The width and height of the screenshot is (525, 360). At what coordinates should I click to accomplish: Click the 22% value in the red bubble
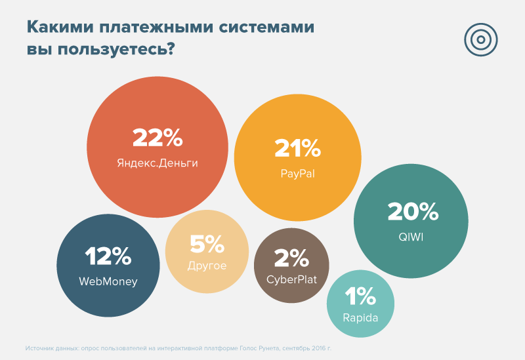[157, 138]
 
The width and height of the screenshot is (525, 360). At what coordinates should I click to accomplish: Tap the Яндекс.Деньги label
[157, 162]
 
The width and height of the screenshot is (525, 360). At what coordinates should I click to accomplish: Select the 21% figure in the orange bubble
[297, 149]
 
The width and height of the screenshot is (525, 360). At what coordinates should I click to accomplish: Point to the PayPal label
[297, 173]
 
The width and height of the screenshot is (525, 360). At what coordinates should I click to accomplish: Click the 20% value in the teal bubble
[412, 211]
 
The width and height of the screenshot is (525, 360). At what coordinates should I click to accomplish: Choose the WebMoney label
[108, 282]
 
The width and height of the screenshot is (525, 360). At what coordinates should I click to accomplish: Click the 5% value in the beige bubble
[207, 244]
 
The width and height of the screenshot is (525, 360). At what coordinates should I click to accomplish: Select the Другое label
[207, 266]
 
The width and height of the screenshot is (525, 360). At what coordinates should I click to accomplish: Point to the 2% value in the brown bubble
[291, 258]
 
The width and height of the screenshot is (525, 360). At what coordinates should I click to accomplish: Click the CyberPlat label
[291, 280]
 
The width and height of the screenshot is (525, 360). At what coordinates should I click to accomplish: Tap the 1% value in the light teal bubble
[360, 298]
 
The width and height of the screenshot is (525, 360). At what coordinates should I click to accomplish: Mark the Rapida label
[360, 319]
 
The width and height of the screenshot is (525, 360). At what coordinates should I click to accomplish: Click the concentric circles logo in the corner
[481, 39]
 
